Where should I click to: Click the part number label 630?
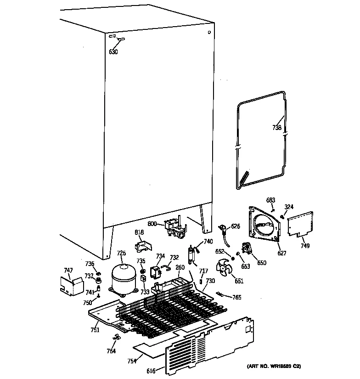click(x=113, y=52)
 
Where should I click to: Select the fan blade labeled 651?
click(x=225, y=267)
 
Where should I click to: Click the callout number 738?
click(x=276, y=128)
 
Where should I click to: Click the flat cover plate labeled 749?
click(x=300, y=224)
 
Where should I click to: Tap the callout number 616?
click(x=151, y=370)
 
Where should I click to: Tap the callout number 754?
click(x=132, y=361)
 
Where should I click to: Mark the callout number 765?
click(x=236, y=298)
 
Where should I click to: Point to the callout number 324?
click(x=289, y=207)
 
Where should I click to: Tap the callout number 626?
click(x=236, y=226)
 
